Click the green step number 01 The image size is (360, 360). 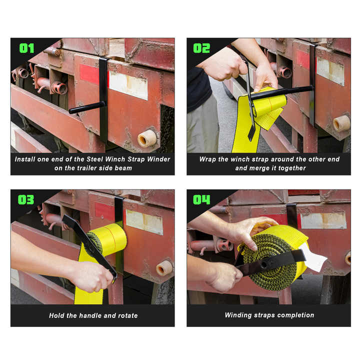click(27, 48)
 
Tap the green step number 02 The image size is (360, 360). click(201, 48)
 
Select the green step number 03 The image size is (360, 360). click(26, 199)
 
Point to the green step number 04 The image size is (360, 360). click(201, 199)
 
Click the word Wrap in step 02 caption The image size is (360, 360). click(207, 159)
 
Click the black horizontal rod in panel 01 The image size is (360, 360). click(87, 107)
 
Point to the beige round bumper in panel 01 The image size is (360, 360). click(147, 138)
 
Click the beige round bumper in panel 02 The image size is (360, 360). click(341, 123)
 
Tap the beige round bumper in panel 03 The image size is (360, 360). click(164, 268)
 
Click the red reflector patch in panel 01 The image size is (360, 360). click(89, 74)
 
